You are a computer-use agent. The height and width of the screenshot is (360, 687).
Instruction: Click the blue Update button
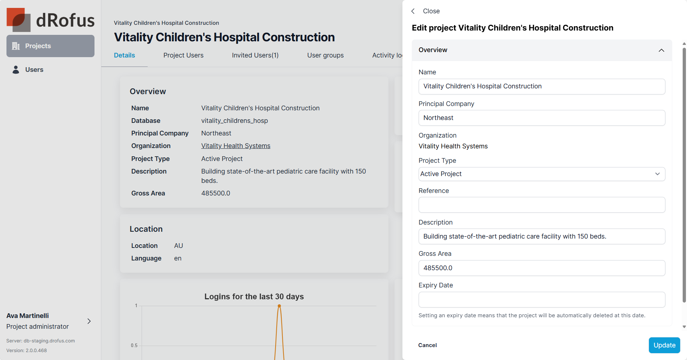coord(664,345)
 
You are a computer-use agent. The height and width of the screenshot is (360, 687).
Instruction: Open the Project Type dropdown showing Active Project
coord(541,174)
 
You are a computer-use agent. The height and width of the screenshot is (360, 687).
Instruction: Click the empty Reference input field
coord(541,205)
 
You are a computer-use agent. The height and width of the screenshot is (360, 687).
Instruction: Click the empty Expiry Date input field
coord(541,300)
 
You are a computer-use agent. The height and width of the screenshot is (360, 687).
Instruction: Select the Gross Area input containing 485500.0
coord(541,268)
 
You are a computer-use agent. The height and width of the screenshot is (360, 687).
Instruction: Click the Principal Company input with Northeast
coord(541,118)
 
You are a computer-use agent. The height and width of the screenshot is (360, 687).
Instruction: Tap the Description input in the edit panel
coord(541,236)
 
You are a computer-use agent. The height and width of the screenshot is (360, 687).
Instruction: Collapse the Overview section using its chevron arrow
coord(661,50)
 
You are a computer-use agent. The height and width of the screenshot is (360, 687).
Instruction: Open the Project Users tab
coord(183,55)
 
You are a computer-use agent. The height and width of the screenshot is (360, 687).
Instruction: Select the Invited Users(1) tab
coord(255,55)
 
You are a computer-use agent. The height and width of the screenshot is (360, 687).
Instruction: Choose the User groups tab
coord(325,55)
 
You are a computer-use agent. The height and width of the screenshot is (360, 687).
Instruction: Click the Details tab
coord(124,55)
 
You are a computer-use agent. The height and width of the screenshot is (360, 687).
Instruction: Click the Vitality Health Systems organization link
coord(236,146)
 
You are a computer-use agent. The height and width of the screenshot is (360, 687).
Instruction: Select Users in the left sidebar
coord(34,70)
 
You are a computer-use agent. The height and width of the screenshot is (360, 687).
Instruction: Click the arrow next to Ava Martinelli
coord(89,321)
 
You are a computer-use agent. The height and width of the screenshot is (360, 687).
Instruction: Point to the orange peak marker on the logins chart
coord(279,306)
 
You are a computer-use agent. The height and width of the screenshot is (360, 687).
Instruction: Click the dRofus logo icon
coord(18,20)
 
